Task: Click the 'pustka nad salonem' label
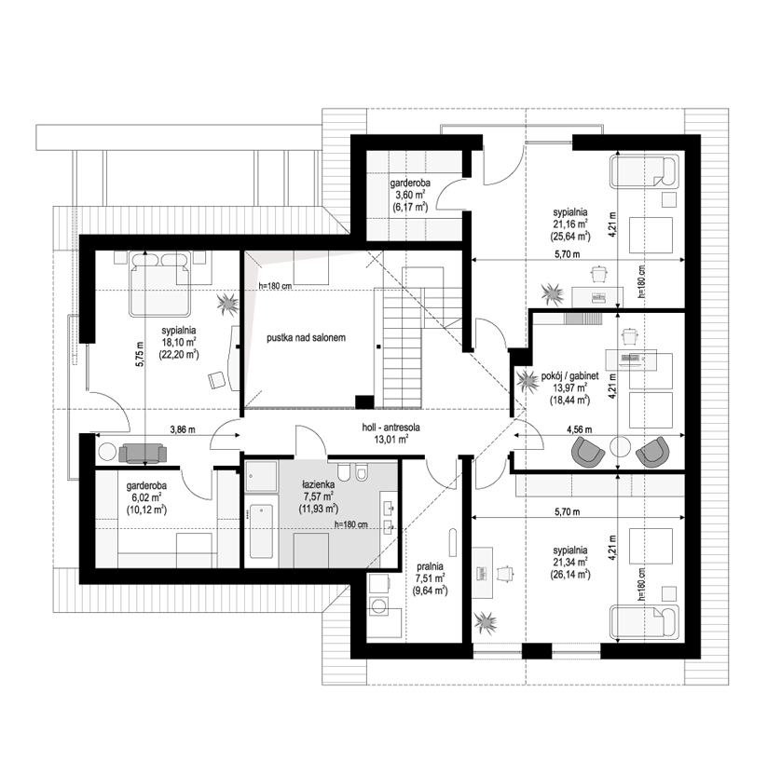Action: [306, 338]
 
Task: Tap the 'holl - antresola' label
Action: [391, 428]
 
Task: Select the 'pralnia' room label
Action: [431, 567]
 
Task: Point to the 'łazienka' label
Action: [319, 484]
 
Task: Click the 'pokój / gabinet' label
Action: [569, 376]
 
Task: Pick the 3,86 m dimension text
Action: [183, 429]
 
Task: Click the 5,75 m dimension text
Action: [140, 355]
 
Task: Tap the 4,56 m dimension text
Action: [580, 429]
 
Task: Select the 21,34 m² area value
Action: [569, 563]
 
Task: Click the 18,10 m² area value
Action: [178, 342]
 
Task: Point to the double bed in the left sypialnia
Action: [159, 284]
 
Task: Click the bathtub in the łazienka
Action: [261, 532]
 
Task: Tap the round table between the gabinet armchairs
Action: [620, 446]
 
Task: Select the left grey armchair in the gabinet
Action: [588, 451]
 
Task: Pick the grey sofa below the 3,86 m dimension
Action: [143, 453]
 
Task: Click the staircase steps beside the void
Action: [403, 347]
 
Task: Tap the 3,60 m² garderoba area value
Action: [409, 195]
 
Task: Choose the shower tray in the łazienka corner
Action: [261, 476]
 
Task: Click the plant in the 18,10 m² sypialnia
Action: [227, 304]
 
